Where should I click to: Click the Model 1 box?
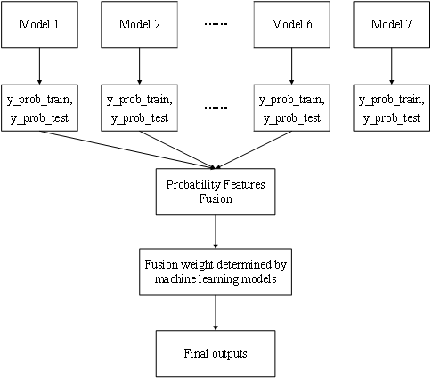[39, 25]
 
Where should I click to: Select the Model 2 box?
[139, 25]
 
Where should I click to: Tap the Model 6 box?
[292, 25]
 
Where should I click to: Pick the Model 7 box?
[392, 25]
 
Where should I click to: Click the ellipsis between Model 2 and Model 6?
[216, 24]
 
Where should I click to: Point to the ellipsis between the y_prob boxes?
[216, 107]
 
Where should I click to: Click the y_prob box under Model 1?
[39, 108]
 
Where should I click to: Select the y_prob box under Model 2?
[139, 108]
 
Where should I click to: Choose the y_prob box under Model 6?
[292, 108]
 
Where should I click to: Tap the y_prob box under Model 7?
[392, 108]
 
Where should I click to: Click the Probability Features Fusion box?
[216, 192]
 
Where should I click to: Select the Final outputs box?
[216, 354]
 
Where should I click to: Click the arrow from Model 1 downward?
[39, 66]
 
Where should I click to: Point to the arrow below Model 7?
[392, 66]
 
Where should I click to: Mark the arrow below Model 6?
[292, 66]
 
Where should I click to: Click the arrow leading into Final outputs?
[216, 313]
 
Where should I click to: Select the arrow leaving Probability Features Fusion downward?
[216, 232]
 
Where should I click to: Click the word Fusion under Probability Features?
[216, 198]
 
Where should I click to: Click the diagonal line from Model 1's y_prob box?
[126, 150]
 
